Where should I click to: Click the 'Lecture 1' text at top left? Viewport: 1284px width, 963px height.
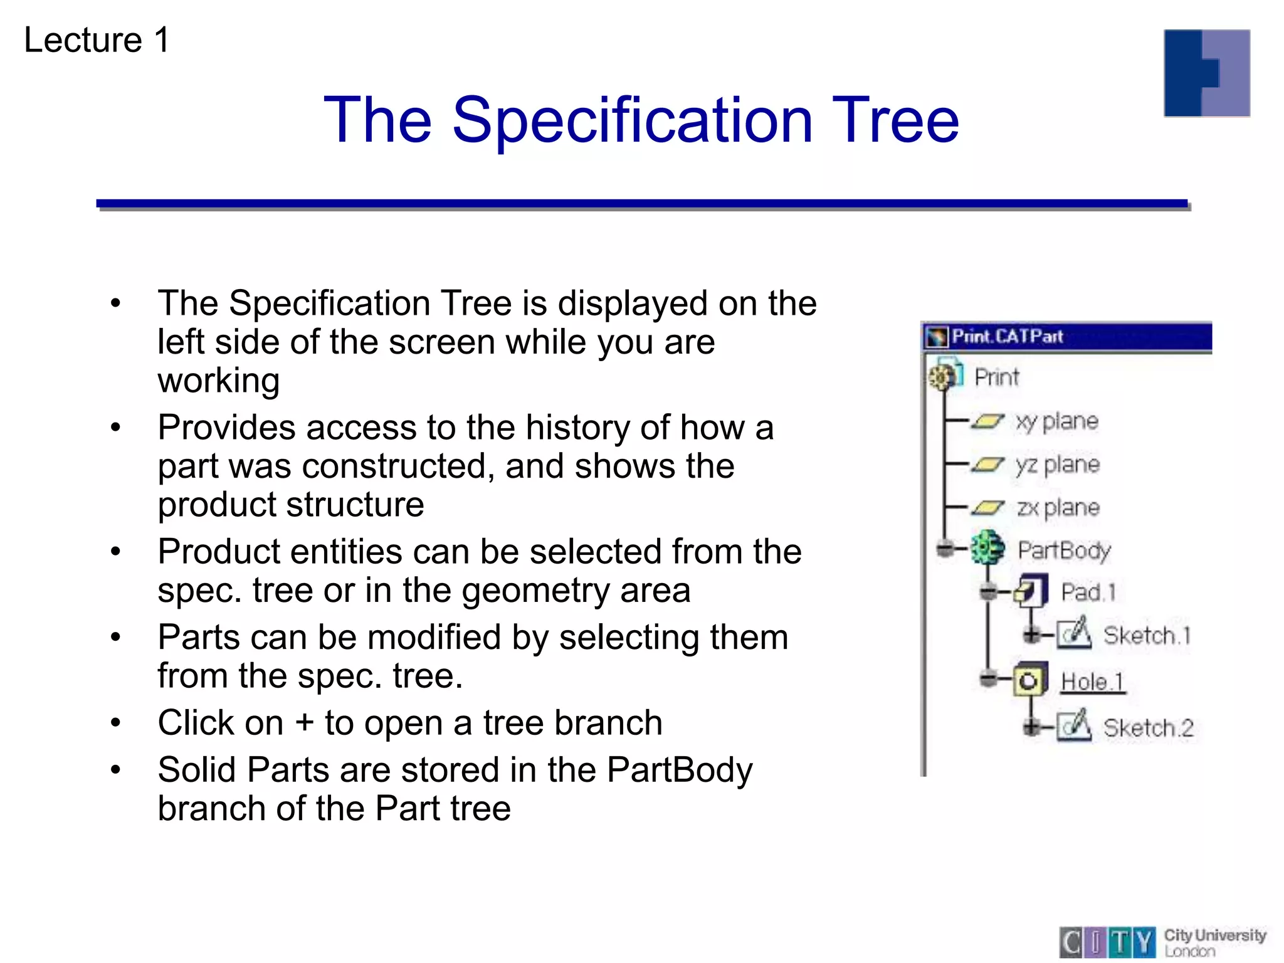click(97, 40)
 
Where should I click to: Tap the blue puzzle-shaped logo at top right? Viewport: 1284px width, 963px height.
click(1206, 73)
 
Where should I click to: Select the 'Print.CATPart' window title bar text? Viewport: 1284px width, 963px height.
click(1007, 337)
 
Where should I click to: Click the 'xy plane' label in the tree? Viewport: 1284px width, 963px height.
click(1057, 422)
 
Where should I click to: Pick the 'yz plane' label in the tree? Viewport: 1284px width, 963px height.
click(1058, 465)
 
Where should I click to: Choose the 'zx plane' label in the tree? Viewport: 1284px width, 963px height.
click(1058, 508)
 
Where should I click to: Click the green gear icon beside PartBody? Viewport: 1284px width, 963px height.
click(987, 549)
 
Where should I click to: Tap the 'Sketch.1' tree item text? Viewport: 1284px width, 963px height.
click(1146, 636)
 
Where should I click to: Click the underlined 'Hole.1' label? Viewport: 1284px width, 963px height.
click(1092, 682)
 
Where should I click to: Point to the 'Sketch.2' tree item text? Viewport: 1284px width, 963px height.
click(1147, 729)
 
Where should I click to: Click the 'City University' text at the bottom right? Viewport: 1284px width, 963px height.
click(1214, 935)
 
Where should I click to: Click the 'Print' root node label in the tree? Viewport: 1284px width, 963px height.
click(996, 378)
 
